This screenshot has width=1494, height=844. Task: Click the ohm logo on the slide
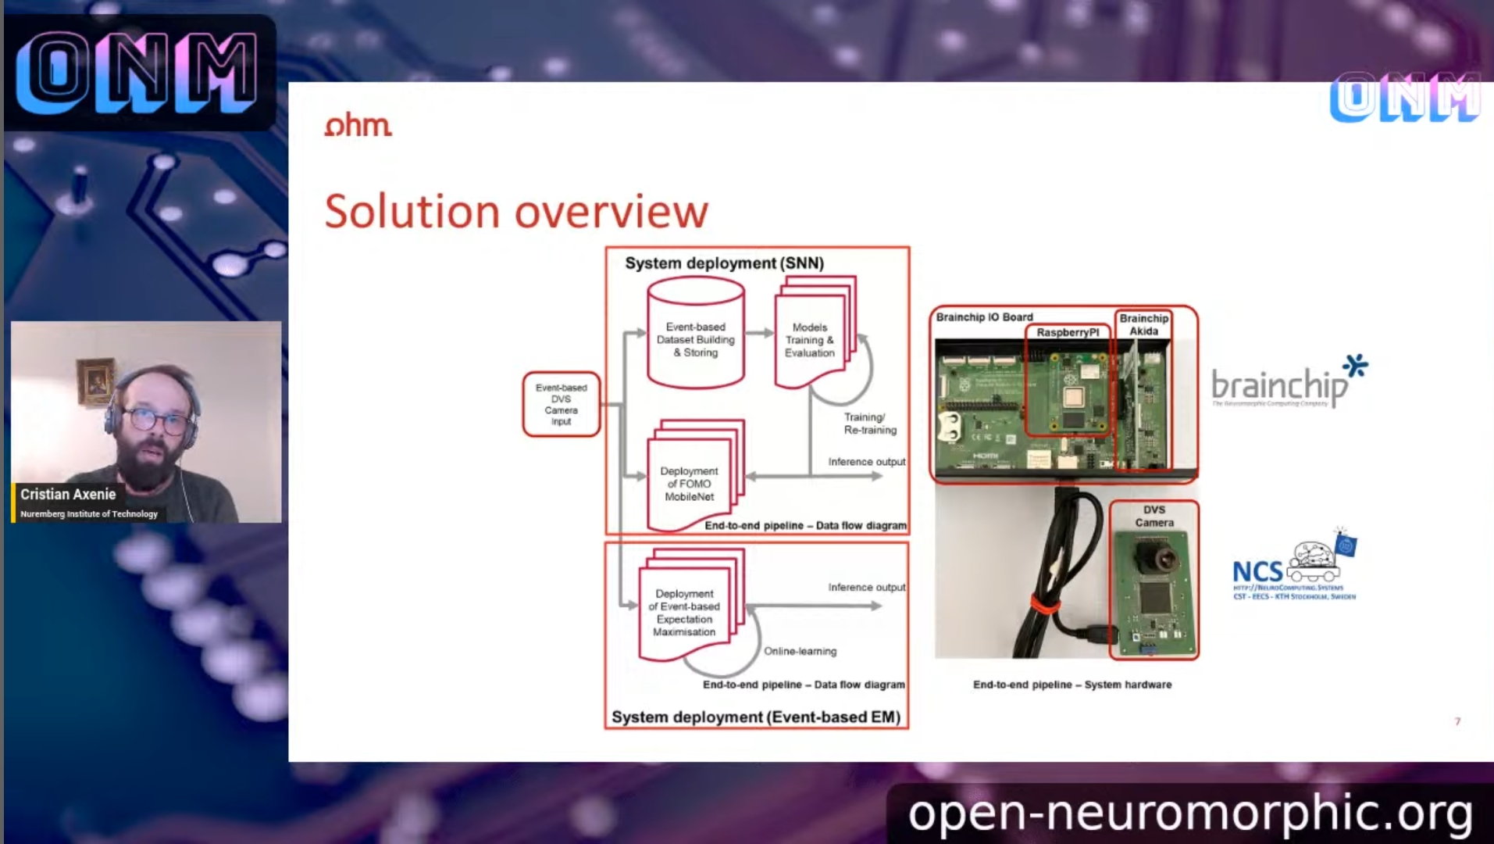coord(358,125)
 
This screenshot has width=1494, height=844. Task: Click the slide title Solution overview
coord(515,211)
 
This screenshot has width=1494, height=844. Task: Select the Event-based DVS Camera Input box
coord(561,404)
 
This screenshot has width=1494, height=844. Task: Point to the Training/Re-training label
coord(869,424)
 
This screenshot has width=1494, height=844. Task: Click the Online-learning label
coord(800,651)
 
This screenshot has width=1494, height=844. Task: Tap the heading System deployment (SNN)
coord(724,263)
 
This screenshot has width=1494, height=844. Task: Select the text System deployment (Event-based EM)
coord(755,717)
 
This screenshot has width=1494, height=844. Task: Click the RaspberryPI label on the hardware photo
coord(1067,332)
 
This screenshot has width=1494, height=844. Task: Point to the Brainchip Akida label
coord(1143,324)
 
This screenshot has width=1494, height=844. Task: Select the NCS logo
coord(1293,569)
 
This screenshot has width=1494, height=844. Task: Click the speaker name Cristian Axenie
coord(68,494)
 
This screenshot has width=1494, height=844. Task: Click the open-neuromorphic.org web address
coord(1189,813)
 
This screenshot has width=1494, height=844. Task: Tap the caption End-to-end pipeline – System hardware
coord(1071,685)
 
